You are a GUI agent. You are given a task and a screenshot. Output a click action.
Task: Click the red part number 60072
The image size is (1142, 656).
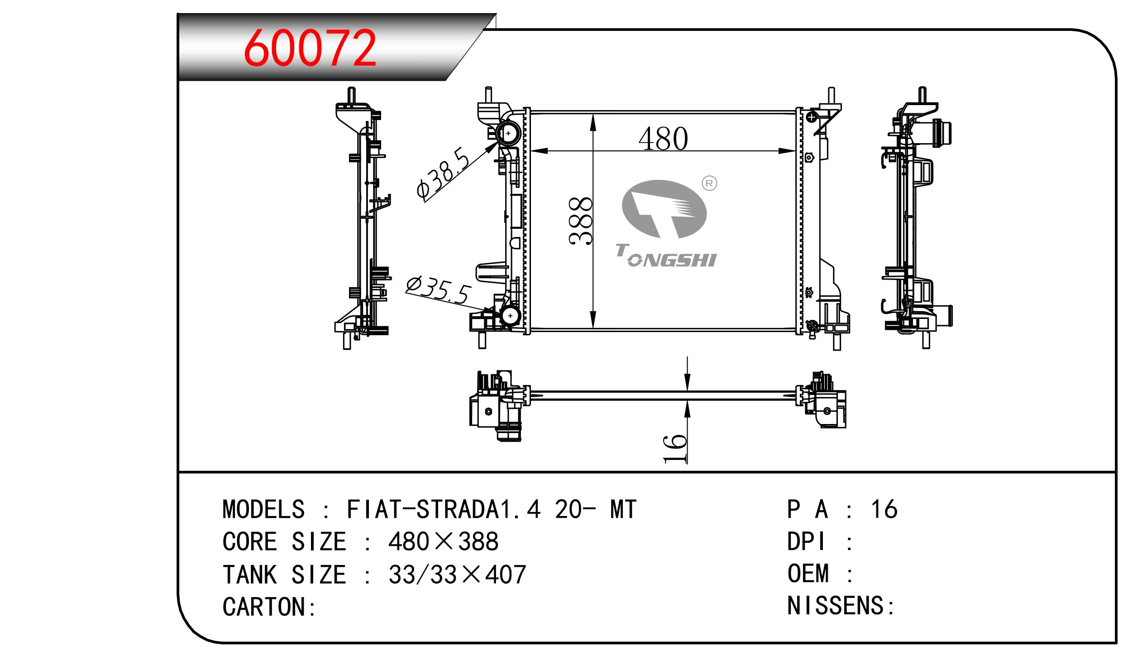coord(310,48)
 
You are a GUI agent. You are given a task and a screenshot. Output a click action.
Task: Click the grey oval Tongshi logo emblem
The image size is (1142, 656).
coord(664,209)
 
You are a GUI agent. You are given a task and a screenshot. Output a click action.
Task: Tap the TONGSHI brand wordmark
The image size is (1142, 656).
coord(666,256)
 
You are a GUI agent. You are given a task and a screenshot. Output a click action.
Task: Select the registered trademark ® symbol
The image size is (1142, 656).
coord(709,183)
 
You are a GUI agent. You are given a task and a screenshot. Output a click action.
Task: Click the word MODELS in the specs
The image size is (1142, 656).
coord(264,509)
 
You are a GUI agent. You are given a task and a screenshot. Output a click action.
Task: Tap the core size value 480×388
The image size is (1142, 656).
coord(444,541)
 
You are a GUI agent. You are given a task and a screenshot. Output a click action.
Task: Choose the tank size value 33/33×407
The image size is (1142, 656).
coord(457,574)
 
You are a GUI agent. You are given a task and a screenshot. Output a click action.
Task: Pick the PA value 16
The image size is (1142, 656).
coord(884,509)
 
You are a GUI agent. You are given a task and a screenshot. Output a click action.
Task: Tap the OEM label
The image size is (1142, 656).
coord(808,573)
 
